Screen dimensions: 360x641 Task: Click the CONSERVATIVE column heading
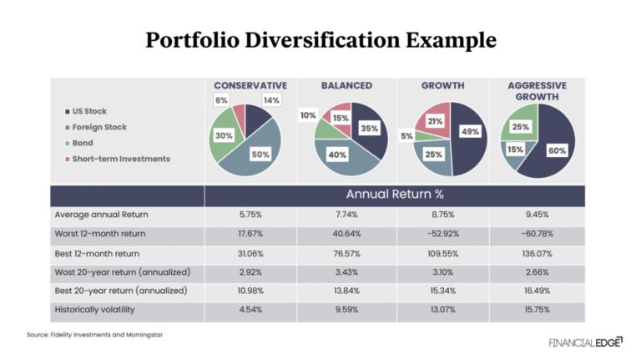(250, 85)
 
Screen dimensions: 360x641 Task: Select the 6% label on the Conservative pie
(221, 101)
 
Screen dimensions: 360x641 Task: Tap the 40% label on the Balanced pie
(337, 155)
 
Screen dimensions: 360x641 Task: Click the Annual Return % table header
(396, 195)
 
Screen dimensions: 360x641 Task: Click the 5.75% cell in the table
(250, 215)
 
